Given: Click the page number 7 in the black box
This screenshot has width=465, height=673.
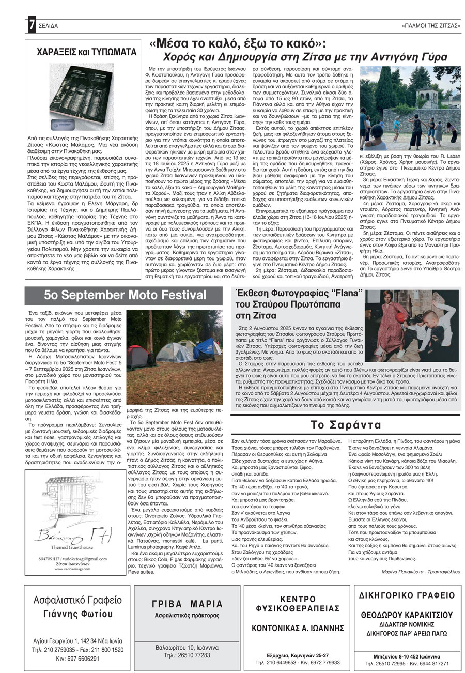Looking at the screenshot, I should (32, 24).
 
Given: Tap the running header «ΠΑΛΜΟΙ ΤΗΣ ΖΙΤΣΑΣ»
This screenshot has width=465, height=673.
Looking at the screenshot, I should (430, 26).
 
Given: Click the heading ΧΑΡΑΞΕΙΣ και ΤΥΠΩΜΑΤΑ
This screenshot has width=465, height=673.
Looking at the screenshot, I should (86, 52).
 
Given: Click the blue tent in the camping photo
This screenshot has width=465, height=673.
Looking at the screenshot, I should (207, 348).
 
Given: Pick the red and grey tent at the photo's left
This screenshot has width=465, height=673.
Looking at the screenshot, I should (137, 356).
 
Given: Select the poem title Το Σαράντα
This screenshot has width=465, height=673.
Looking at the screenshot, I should (346, 425).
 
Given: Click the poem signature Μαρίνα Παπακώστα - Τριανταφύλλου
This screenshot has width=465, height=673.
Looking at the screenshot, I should (415, 557).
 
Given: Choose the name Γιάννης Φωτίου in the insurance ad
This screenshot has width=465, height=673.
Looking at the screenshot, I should (78, 614).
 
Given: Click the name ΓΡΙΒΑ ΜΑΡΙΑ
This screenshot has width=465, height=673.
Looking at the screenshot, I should (188, 604).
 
